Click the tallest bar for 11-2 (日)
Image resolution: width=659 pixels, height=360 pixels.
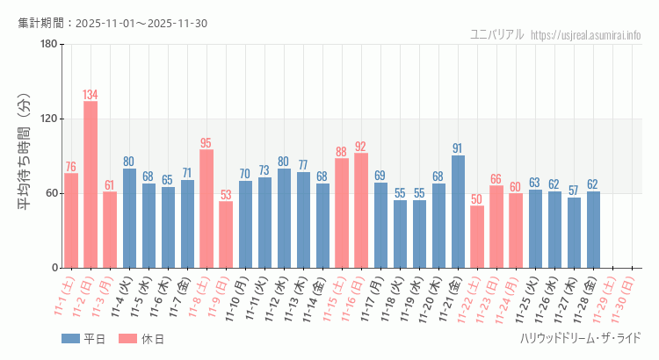(x=91, y=184)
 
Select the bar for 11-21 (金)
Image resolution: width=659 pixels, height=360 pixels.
(x=458, y=212)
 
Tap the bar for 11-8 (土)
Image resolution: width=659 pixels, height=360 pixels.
(x=206, y=209)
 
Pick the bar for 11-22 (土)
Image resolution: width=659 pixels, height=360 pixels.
(x=477, y=237)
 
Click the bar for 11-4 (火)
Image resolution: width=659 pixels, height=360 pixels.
(x=129, y=218)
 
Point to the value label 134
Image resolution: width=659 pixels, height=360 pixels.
(x=91, y=95)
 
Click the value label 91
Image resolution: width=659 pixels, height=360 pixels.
(x=458, y=148)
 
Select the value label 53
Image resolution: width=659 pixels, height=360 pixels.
(x=226, y=195)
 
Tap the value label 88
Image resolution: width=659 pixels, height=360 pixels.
(x=342, y=151)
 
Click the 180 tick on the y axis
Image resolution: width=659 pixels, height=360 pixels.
(x=48, y=45)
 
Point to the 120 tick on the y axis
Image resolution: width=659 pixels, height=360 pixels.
(x=48, y=119)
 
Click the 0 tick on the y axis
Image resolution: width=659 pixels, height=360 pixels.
(x=54, y=268)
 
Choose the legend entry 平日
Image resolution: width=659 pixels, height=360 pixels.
(x=83, y=339)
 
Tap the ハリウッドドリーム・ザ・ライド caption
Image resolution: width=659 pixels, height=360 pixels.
(x=580, y=338)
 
